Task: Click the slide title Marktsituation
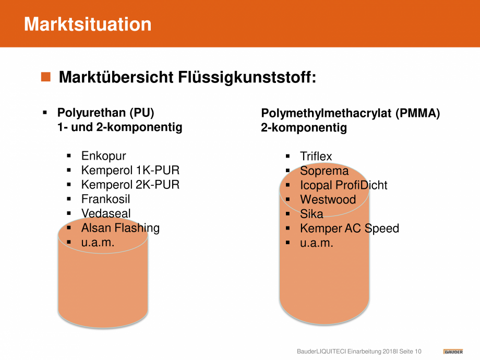click(x=88, y=24)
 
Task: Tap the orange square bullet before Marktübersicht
click(x=45, y=77)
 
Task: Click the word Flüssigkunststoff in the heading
click(x=247, y=77)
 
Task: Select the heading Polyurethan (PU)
click(x=105, y=113)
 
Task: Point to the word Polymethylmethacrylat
click(x=326, y=114)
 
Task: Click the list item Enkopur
click(x=103, y=156)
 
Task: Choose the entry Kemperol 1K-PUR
click(x=130, y=170)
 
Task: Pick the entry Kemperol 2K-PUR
click(x=130, y=185)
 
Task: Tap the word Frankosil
click(x=105, y=199)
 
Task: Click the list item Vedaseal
click(x=106, y=213)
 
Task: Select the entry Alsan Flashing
click(x=121, y=228)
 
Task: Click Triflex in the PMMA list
click(x=316, y=157)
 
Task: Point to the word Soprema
click(x=324, y=171)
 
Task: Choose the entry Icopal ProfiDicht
click(x=343, y=185)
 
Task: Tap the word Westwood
click(x=328, y=200)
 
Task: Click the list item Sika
click(x=311, y=214)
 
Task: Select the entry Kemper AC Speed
click(x=350, y=229)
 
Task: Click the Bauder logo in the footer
click(x=453, y=352)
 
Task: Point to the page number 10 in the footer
click(x=418, y=352)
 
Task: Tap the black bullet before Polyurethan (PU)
click(x=45, y=113)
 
